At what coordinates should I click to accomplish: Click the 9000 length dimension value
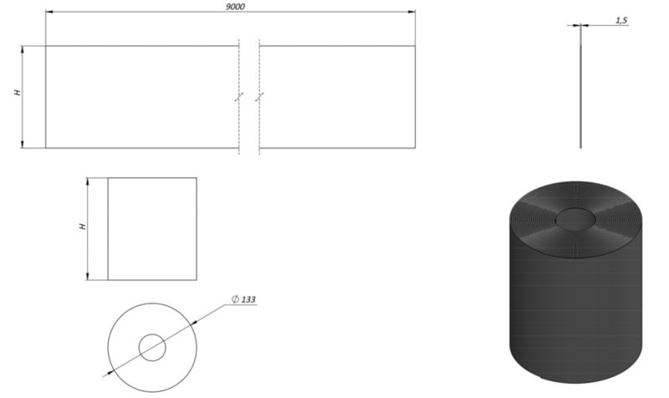pyautogui.click(x=235, y=7)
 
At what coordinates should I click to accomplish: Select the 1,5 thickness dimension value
pyautogui.click(x=621, y=20)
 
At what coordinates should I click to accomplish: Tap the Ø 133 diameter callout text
pyautogui.click(x=243, y=299)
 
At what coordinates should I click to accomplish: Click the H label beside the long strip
pyautogui.click(x=18, y=92)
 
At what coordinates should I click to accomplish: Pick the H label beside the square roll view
pyautogui.click(x=83, y=226)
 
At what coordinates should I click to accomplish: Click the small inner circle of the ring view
pyautogui.click(x=152, y=348)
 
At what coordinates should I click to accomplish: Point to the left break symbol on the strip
pyautogui.click(x=239, y=97)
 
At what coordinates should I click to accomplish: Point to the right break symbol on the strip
pyautogui.click(x=259, y=97)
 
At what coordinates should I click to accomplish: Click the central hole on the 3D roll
pyautogui.click(x=575, y=219)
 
